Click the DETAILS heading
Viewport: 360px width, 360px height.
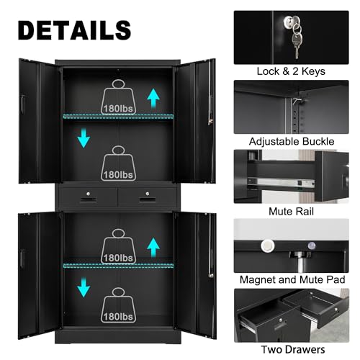74,30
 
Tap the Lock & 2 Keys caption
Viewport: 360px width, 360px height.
291,71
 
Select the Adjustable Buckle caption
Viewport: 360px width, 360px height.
292,141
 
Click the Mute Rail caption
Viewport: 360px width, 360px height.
291,212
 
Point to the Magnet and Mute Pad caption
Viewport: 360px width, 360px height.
292,279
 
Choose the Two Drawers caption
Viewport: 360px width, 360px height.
293,349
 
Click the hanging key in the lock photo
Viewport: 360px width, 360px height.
297,45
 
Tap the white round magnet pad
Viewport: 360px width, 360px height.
268,246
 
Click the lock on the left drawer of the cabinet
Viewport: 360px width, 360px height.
89,194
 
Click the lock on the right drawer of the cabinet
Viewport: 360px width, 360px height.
148,194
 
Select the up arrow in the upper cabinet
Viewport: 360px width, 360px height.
153,98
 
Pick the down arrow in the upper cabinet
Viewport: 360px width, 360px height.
84,138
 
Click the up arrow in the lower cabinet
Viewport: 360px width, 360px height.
153,248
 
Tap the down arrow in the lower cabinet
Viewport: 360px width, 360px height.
84,287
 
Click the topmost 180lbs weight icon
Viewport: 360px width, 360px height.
118,97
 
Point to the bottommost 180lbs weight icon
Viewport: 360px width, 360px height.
118,305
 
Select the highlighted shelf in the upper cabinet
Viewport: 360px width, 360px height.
118,117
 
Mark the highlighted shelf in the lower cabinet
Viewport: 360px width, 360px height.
118,266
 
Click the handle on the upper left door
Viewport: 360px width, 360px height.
22,104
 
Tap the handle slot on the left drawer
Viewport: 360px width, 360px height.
88,199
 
